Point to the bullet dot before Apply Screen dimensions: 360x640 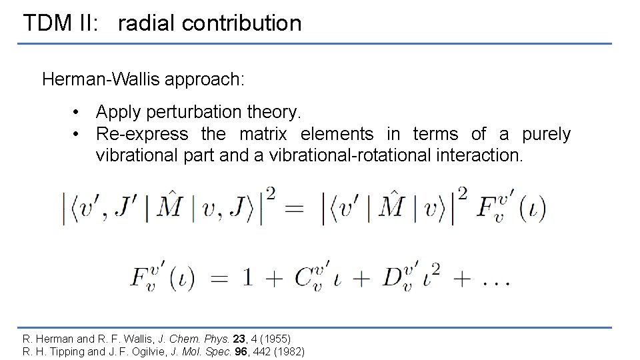coord(78,111)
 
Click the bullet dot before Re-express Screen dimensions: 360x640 coord(78,134)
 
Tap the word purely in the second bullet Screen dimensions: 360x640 coord(546,134)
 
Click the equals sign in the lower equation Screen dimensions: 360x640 coord(219,279)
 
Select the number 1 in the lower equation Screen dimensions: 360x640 coord(247,279)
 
